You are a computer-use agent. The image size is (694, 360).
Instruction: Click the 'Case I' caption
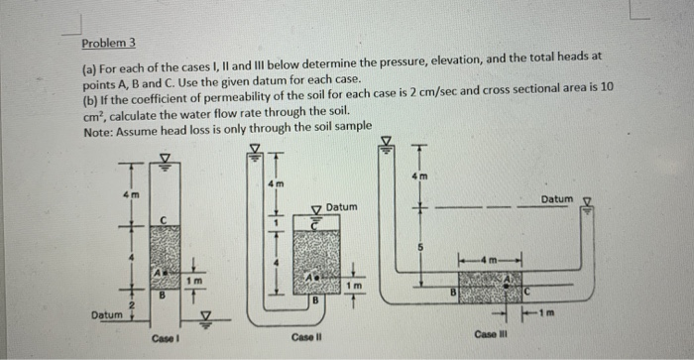tap(165, 337)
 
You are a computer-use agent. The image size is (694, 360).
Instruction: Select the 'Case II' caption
tap(304, 337)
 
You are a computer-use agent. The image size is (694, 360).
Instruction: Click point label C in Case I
tap(164, 218)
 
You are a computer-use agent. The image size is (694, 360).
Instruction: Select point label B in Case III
tap(452, 293)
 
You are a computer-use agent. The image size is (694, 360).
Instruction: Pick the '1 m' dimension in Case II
tap(355, 285)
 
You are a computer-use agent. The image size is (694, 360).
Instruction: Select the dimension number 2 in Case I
tap(131, 304)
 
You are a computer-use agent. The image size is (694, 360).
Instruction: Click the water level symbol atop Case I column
tap(164, 157)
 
